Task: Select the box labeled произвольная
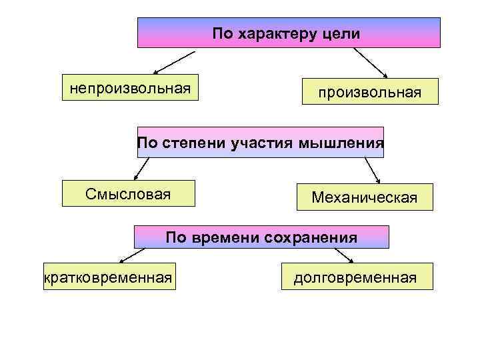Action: click(x=369, y=91)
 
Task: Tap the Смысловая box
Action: click(x=128, y=194)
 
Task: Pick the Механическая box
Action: click(x=364, y=197)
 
